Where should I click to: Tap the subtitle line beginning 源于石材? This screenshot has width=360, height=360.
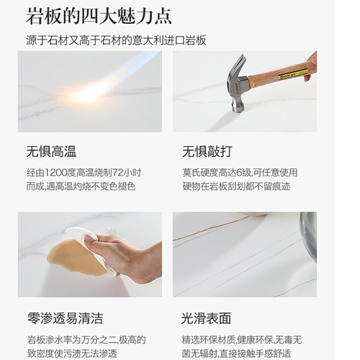click(116, 40)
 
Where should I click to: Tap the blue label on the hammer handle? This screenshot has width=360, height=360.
click(300, 68)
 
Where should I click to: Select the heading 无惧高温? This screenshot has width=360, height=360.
click(51, 152)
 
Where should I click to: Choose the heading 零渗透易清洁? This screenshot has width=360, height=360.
click(65, 318)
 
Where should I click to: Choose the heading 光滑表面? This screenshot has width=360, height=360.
click(206, 318)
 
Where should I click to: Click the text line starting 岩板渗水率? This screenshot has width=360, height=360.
click(87, 338)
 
